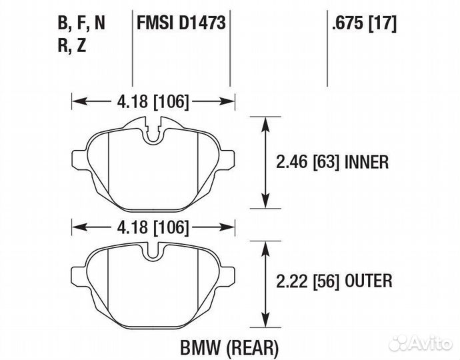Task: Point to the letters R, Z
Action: [71, 45]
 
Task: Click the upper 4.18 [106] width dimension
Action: [153, 102]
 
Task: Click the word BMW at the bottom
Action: [200, 347]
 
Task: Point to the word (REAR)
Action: [252, 347]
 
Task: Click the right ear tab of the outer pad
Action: [229, 274]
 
